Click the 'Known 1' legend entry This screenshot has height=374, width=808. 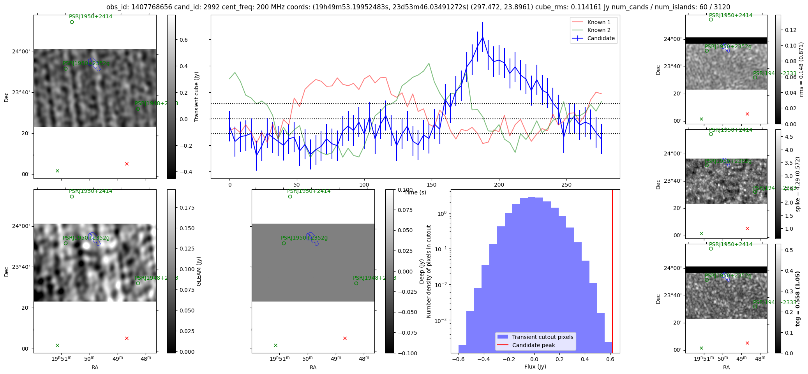tap(598, 22)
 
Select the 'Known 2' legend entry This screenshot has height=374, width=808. tap(598, 30)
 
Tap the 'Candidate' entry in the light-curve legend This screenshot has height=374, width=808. tap(601, 38)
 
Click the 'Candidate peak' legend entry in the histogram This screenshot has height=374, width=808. tap(533, 345)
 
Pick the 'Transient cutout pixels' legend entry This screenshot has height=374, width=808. tap(542, 337)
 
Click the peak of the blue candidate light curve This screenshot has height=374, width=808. tap(483, 37)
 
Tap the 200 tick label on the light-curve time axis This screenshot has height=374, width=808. tap(499, 185)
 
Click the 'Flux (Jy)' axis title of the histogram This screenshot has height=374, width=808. tap(535, 367)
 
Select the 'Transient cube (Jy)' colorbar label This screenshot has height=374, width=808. tap(196, 97)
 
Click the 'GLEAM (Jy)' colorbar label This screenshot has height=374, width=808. tap(199, 271)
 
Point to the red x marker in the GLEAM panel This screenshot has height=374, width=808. tap(127, 338)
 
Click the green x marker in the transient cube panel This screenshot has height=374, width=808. tap(57, 171)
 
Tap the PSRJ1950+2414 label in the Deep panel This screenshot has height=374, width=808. tap(309, 191)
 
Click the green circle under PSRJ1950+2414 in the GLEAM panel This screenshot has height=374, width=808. tap(72, 197)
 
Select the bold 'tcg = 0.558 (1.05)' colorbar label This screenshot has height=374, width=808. tap(797, 298)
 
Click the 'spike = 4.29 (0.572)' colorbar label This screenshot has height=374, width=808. tap(797, 184)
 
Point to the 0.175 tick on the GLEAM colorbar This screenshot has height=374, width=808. tap(187, 208)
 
